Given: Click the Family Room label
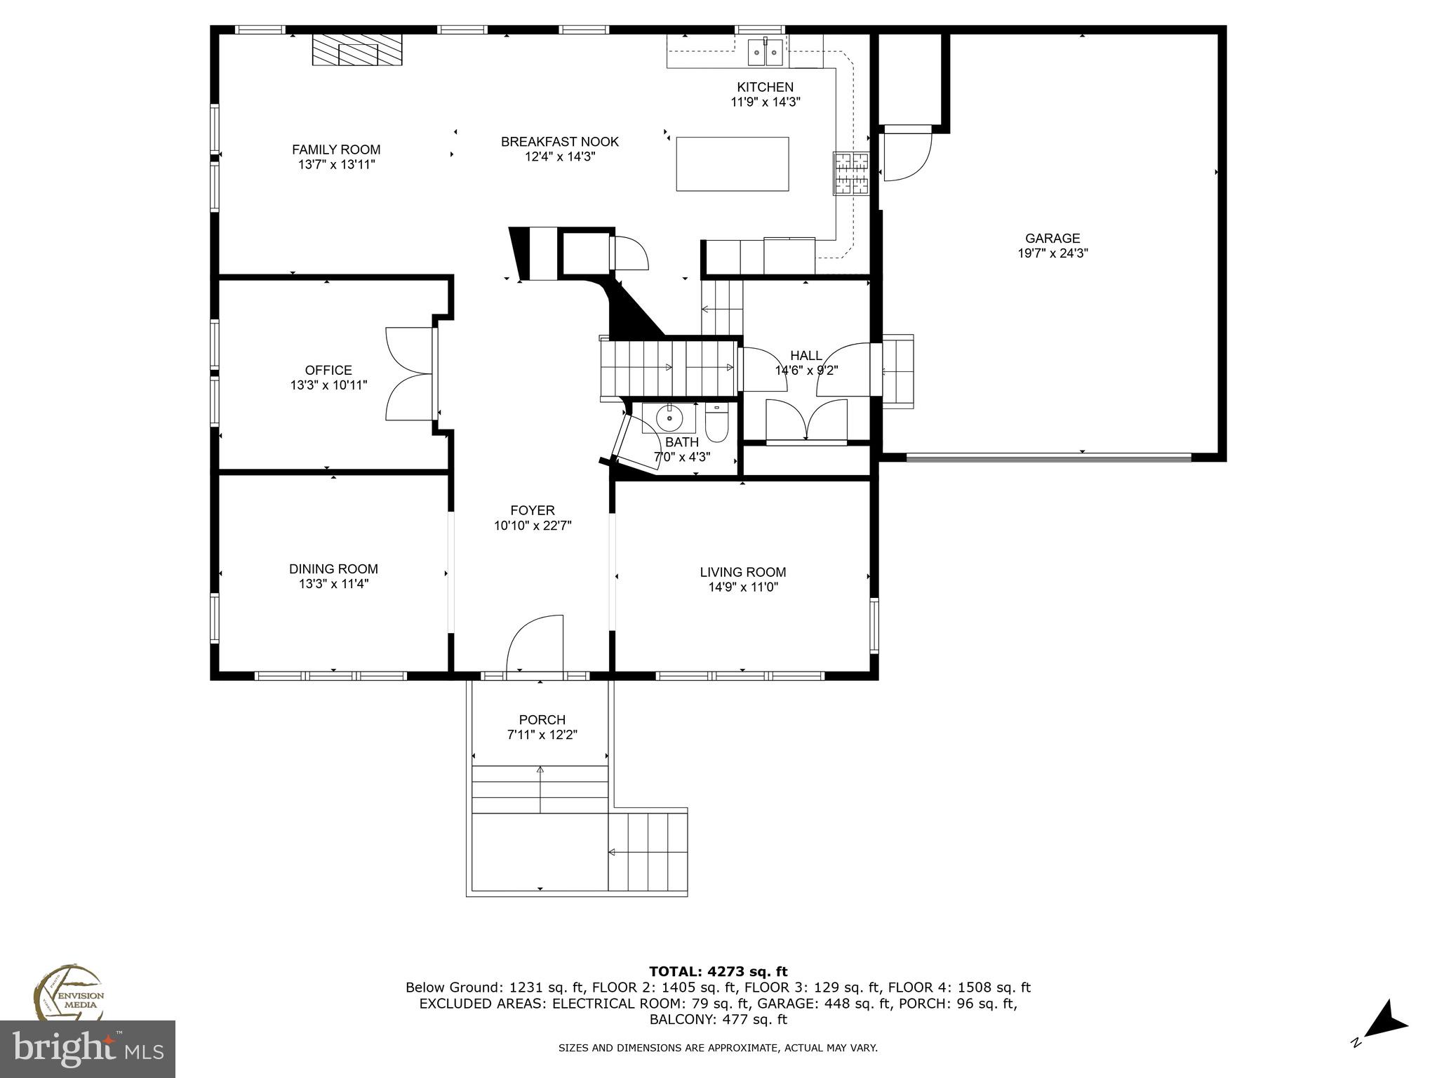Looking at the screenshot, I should tap(336, 149).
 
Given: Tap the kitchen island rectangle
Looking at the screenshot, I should tap(732, 164).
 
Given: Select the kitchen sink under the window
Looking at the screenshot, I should tap(765, 52).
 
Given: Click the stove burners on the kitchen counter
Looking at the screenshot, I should tap(851, 173).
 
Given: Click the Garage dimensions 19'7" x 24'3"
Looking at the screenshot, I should tap(1052, 253).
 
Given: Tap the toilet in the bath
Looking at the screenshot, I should tap(716, 424).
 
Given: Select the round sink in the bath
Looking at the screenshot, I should tap(669, 419).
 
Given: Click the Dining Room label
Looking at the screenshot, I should tap(333, 569).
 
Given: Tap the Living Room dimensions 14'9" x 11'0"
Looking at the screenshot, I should tap(743, 587).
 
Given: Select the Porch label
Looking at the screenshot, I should tap(542, 719).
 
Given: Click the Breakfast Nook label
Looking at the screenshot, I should tap(559, 142).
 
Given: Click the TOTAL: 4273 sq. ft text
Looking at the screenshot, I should tap(718, 971).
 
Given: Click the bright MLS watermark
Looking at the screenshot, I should tap(88, 1049).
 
